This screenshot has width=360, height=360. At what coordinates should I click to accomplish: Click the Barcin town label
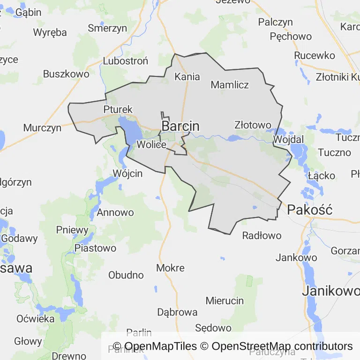(x=180, y=126)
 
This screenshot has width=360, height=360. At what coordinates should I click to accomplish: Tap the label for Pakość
(x=310, y=210)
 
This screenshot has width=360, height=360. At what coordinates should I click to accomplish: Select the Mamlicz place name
(x=230, y=85)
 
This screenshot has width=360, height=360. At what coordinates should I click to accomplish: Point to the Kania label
(x=187, y=76)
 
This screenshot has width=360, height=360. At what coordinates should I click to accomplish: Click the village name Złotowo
(x=253, y=125)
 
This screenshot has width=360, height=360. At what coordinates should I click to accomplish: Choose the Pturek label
(x=118, y=110)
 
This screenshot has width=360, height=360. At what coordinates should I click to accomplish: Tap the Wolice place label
(x=151, y=144)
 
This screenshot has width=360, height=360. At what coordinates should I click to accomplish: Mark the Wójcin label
(x=127, y=173)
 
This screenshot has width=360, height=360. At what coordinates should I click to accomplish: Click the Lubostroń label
(x=125, y=61)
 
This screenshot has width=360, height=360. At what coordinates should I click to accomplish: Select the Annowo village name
(x=115, y=212)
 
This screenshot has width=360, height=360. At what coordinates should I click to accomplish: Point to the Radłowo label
(x=262, y=235)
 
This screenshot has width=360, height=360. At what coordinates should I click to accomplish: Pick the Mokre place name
(x=170, y=268)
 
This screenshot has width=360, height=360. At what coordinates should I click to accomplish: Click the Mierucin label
(x=225, y=300)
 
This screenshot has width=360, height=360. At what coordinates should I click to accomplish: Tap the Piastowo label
(x=95, y=248)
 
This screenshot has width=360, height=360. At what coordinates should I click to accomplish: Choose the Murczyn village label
(x=42, y=127)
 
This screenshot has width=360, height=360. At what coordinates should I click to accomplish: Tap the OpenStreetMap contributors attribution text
(x=282, y=346)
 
